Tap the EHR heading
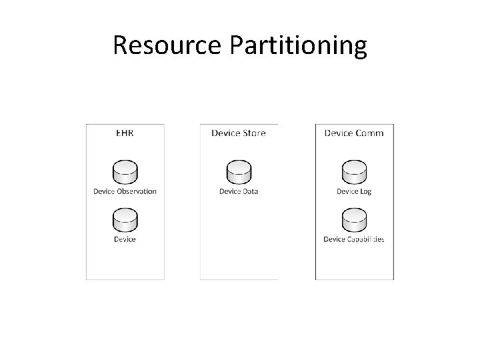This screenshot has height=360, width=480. coord(125,133)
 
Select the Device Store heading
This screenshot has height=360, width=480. coord(239,133)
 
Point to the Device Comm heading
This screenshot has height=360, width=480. coord(354,133)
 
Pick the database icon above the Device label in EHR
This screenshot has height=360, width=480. coord(125,220)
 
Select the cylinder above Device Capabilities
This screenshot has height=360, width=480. coord(354,220)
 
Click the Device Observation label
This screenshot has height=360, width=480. coord(125,192)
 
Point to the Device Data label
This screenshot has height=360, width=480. coord(239,192)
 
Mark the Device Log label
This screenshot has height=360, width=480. coord(354,192)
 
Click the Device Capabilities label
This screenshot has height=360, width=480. coord(354,239)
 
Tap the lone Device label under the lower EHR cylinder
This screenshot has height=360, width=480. coord(125,239)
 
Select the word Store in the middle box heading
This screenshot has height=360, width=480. coord(254,133)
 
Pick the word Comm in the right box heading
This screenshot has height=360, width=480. coord(371,133)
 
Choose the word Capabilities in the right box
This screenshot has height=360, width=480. coord(365,239)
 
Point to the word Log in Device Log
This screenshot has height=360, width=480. coord(365,192)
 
